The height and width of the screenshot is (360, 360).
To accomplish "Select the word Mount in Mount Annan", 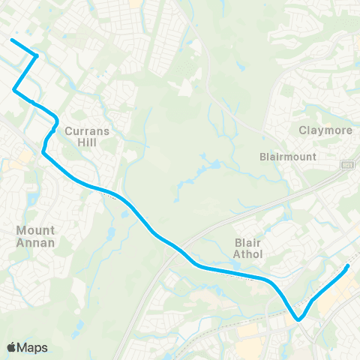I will [35, 232].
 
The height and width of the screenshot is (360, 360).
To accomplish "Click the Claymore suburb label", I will [325, 130].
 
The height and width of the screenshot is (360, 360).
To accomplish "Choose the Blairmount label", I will [287, 157].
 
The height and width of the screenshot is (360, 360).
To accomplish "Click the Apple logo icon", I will [12, 347].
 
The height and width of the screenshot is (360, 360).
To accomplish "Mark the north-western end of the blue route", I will [11, 39].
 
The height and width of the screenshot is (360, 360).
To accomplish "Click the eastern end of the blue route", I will [347, 265].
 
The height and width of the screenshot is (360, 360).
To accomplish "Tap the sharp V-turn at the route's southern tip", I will [298, 319].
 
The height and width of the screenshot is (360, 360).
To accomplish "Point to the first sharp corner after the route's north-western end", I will [37, 55].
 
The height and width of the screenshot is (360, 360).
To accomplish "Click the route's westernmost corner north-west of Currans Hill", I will [14, 90].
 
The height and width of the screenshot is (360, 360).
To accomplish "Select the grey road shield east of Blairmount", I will [346, 163].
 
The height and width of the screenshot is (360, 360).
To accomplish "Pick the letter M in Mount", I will [21, 232].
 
